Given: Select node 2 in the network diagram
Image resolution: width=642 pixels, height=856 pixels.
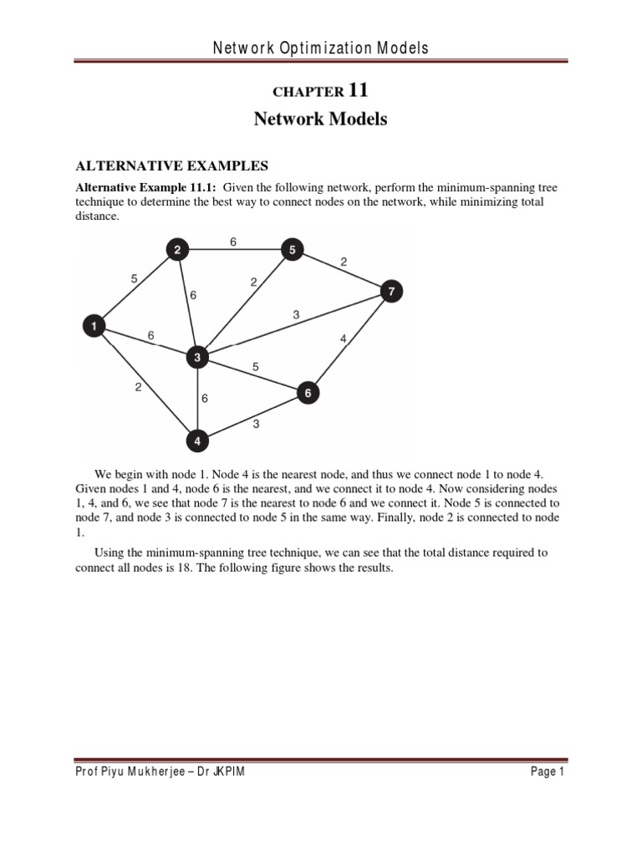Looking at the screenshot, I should click(178, 249).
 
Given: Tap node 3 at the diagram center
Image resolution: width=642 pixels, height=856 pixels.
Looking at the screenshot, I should click(197, 358).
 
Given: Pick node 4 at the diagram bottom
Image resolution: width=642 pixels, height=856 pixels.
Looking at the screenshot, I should click(197, 440).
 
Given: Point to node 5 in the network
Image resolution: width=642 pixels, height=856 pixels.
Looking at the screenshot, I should click(292, 249).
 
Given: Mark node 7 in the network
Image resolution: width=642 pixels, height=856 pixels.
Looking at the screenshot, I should click(391, 291).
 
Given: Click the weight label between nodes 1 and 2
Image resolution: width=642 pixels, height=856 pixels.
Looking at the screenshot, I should click(134, 279).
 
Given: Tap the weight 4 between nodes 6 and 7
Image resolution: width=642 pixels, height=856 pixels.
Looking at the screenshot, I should click(343, 339).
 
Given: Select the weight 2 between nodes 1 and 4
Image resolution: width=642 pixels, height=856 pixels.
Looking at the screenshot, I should click(137, 387).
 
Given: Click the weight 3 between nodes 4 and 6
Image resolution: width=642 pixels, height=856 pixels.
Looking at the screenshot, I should click(256, 424).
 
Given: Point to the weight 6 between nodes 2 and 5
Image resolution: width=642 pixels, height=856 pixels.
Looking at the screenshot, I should click(233, 242).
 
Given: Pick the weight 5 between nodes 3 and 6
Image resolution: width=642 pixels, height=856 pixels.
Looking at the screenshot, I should click(256, 366).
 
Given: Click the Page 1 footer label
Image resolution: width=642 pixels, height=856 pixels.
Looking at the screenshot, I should click(548, 772).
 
